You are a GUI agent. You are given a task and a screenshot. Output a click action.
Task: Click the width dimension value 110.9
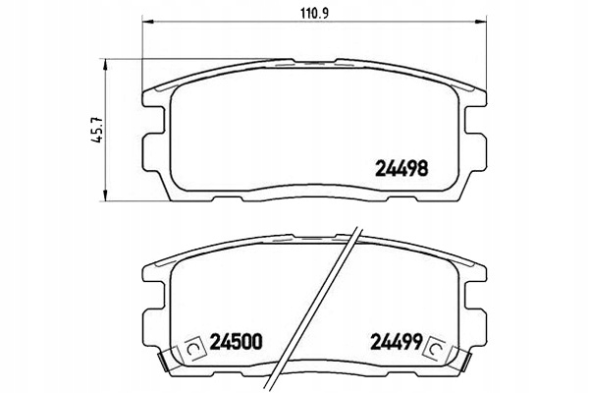pyautogui.click(x=314, y=13)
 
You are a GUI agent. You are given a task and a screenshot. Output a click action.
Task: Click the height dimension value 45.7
pyautogui.click(x=98, y=129)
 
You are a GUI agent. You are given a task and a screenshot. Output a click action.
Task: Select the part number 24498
pyautogui.click(x=402, y=169)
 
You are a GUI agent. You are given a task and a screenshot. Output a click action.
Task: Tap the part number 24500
pyautogui.click(x=236, y=342)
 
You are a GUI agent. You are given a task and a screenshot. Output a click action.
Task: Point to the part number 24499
pyautogui.click(x=397, y=342)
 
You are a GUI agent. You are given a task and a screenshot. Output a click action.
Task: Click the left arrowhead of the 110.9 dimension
pyautogui.click(x=147, y=22)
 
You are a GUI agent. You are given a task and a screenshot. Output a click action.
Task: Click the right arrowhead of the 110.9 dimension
pyautogui.click(x=482, y=22)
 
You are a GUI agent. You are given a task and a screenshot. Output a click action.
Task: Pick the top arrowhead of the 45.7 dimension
pyautogui.click(x=106, y=64)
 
